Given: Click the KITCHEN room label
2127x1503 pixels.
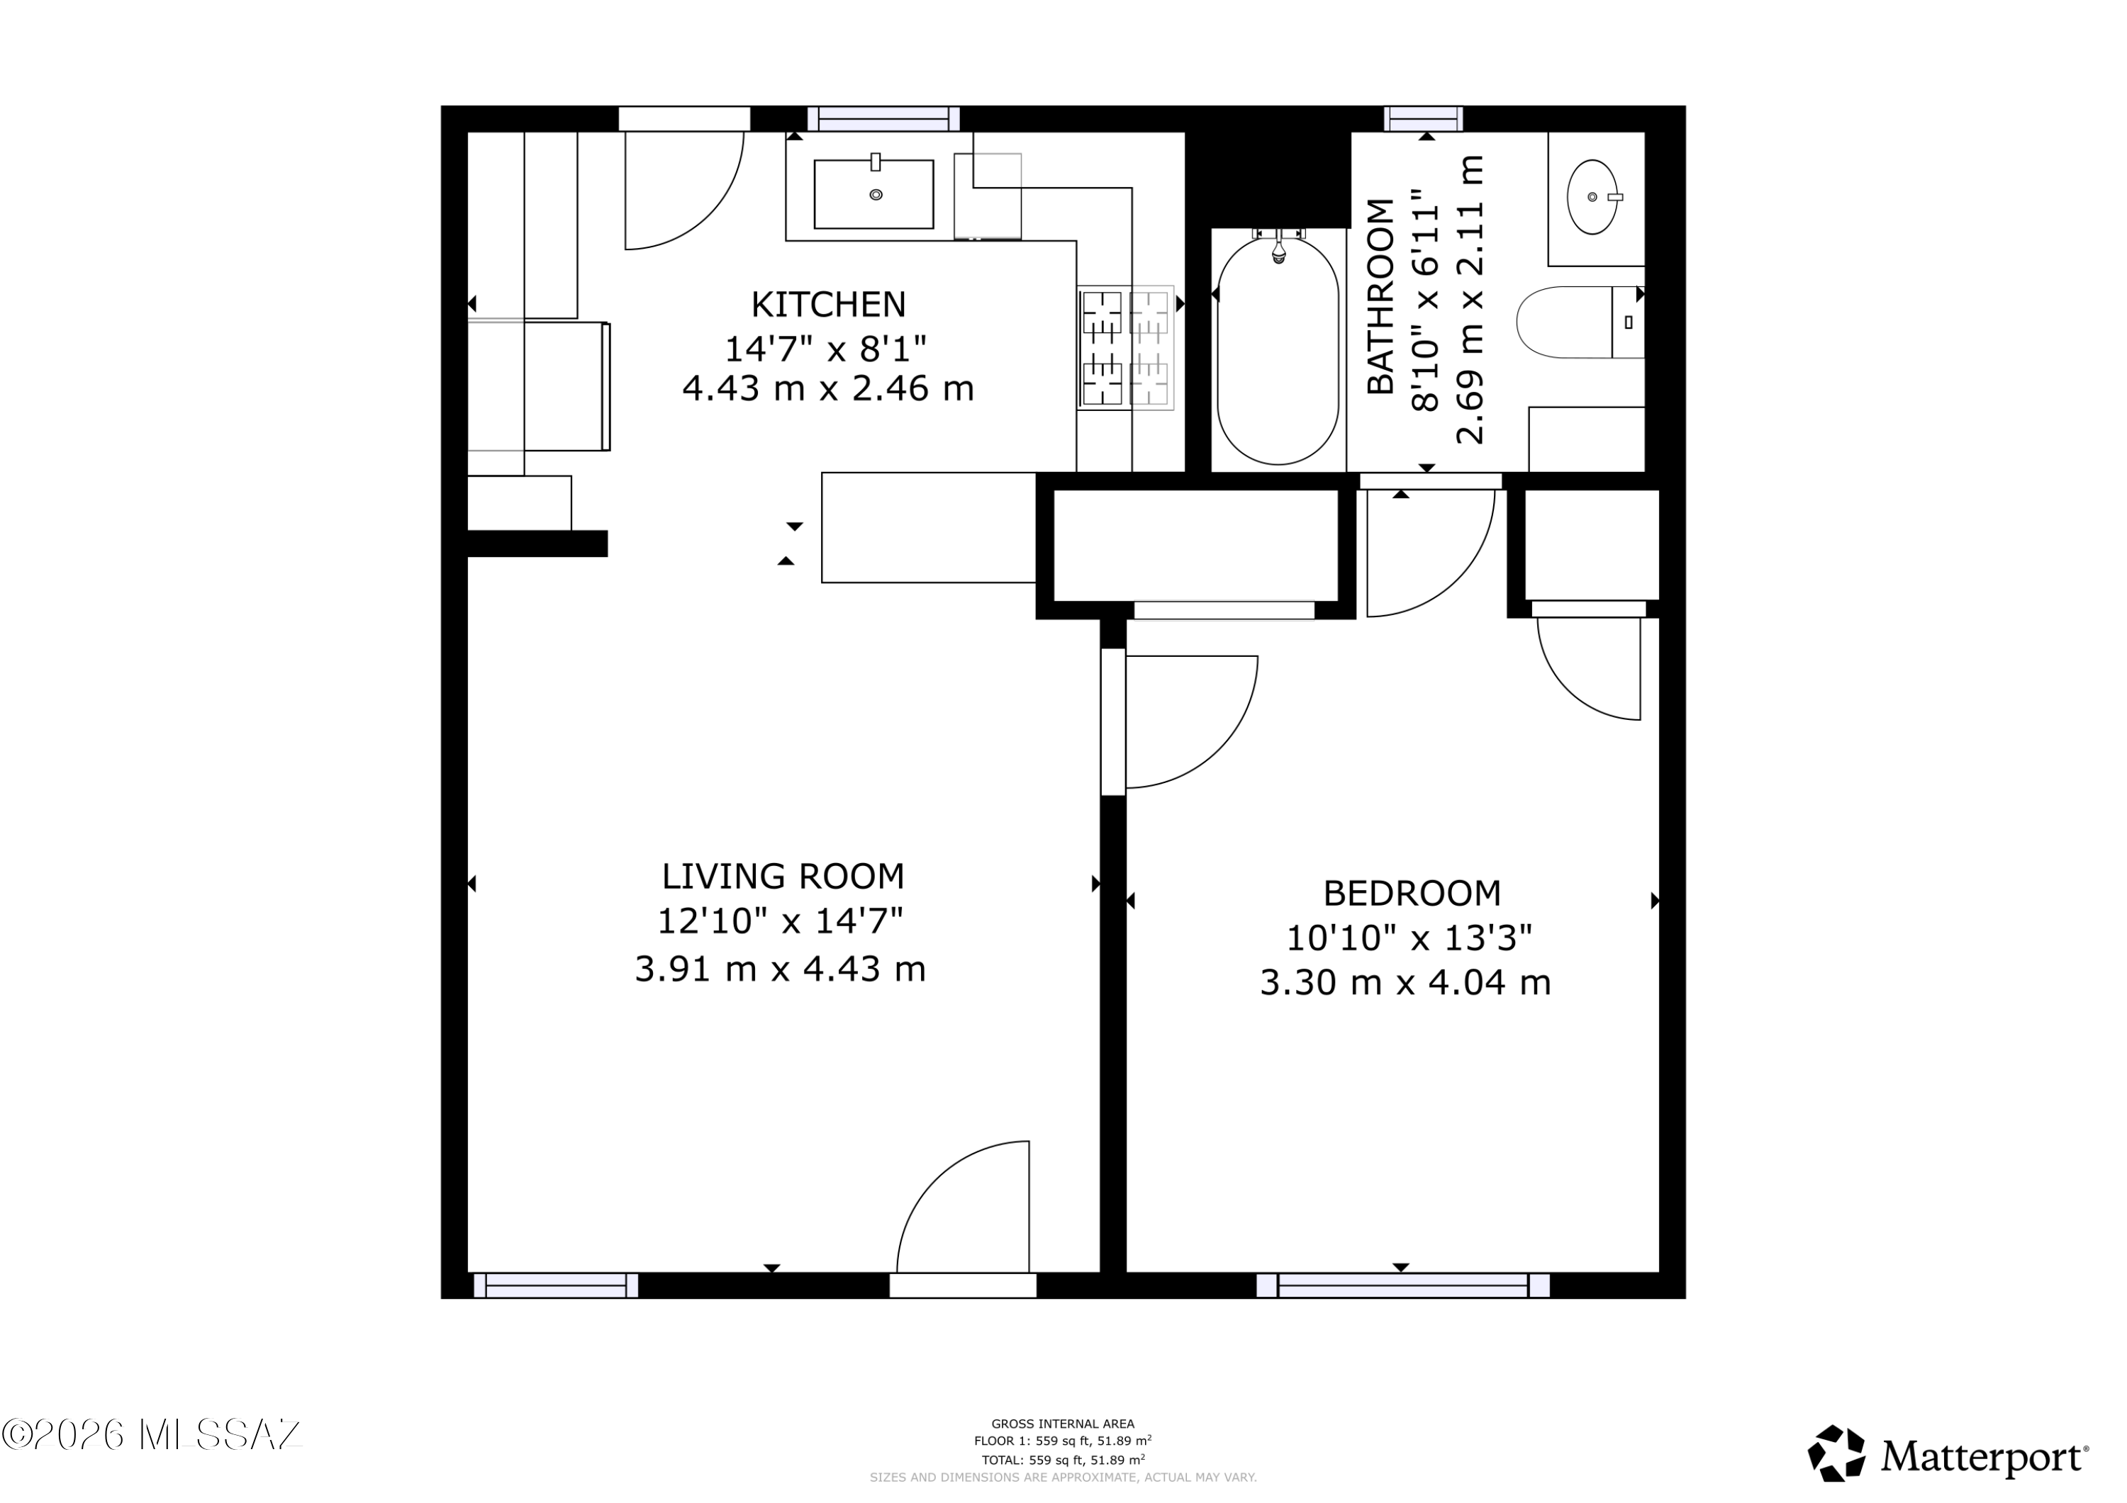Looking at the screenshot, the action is pos(828,304).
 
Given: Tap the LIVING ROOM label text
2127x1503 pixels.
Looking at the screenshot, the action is pos(783,876).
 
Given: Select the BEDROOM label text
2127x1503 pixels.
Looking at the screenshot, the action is pos(1412,894).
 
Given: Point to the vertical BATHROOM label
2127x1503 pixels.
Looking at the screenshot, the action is pos(1380,296).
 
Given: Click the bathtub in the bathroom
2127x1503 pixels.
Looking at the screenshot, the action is pos(1278,350).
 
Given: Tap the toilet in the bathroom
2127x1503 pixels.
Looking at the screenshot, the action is pos(1580,321).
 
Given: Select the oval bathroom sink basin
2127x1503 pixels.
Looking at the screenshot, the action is pos(1592,197).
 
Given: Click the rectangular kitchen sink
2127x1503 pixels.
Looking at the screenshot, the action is pos(873,193).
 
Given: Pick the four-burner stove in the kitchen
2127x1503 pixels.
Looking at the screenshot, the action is pos(1126,347).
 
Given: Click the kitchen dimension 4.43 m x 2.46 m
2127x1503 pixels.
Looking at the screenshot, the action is pos(828,388).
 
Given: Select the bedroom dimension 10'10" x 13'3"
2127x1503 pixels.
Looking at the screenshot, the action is pos(1409,938).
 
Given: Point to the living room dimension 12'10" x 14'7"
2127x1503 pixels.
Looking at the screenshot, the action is pos(780,921).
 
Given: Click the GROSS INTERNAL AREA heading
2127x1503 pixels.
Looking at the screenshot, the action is pos(1063,1424).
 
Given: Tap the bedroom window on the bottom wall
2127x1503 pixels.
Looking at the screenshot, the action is pos(1402,1285).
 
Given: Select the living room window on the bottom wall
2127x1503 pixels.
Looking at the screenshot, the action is pos(556,1285).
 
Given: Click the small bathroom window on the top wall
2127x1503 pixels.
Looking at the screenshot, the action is pos(1424,118).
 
